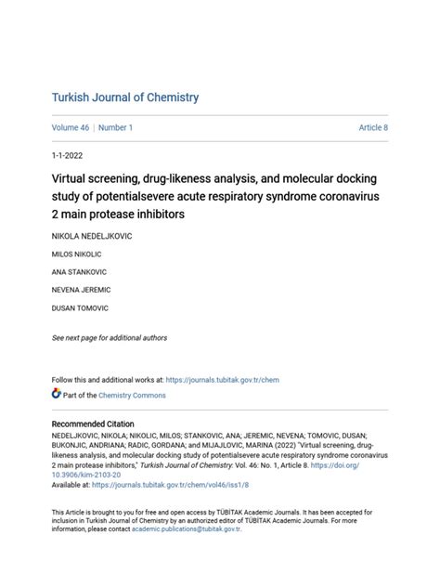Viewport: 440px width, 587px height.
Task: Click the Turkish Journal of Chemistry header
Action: [x=124, y=98]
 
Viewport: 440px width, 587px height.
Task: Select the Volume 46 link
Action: [x=71, y=127]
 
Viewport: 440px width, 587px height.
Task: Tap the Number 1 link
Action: [x=115, y=127]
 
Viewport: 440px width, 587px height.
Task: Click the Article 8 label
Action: [x=373, y=127]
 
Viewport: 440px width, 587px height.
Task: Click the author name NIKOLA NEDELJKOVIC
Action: [x=92, y=237]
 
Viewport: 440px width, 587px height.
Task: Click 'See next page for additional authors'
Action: [x=110, y=338]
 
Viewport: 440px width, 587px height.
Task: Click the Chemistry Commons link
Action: [x=134, y=395]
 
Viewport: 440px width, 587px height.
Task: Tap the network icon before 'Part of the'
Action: [x=56, y=394]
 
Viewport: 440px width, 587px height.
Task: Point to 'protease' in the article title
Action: [x=125, y=215]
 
